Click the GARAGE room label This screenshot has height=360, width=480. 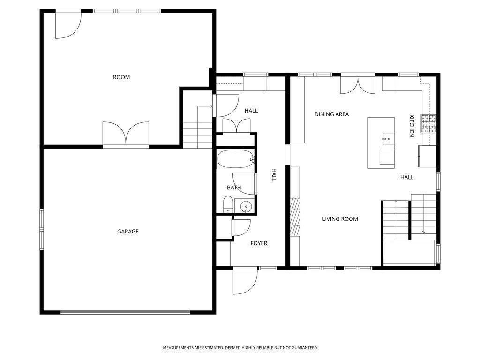pos(127,232)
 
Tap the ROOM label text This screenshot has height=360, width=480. pos(121,77)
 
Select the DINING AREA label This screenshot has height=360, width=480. pos(331,114)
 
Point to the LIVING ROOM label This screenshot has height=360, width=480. pos(340,219)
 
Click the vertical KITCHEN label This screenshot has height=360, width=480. pos(412,126)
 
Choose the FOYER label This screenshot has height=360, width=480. pos(259,243)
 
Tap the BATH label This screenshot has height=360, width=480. pos(234,187)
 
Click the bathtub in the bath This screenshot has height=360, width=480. pos(236,159)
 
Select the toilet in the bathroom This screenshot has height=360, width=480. pos(228,204)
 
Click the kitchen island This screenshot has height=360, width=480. pos(381,142)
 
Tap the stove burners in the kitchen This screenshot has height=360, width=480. pos(428,124)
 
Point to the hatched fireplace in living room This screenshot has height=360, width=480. pos(295,217)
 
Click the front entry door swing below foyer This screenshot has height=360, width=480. pos(245,281)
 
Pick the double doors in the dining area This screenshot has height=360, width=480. pos(358,84)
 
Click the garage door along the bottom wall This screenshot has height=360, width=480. pos(125,312)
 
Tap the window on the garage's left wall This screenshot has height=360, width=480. pos(42,230)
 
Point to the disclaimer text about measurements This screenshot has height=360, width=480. pos(240,348)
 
